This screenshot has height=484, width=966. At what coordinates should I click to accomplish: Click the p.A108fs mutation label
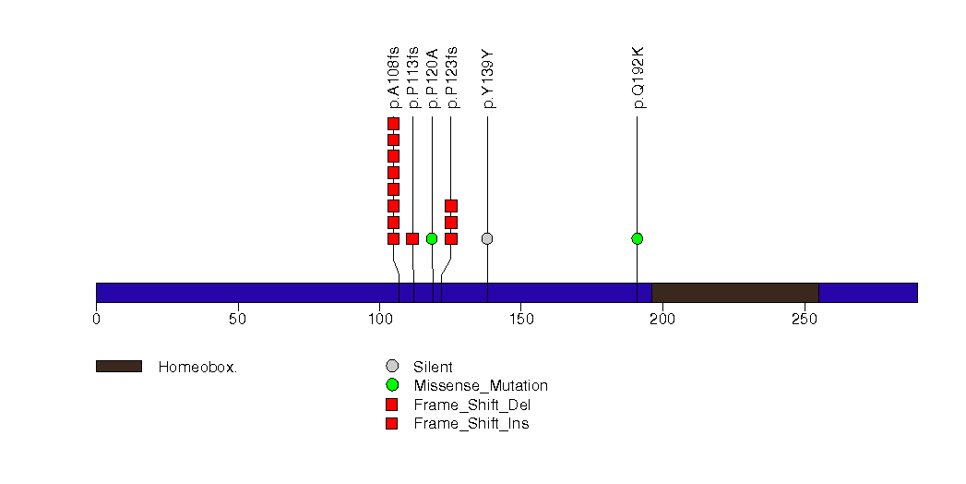click(394, 78)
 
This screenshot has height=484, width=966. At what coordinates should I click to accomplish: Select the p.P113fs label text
click(412, 78)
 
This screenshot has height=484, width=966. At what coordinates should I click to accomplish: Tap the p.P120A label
click(432, 79)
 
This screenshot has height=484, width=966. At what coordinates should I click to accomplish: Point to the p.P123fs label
click(451, 78)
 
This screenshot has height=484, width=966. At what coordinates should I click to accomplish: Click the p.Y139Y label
click(488, 79)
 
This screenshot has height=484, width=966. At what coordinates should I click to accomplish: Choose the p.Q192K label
click(638, 78)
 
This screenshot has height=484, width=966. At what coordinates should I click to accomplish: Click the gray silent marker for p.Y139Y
click(487, 238)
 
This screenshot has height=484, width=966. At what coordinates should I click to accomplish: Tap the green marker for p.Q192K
click(637, 238)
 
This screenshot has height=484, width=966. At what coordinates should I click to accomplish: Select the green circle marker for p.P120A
click(432, 238)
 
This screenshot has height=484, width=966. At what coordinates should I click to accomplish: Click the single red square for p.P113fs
click(412, 238)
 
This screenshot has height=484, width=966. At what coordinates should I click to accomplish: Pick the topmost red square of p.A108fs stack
click(394, 124)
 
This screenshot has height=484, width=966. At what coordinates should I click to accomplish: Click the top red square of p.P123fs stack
click(451, 206)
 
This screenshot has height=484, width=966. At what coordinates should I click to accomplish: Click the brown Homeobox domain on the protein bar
click(735, 293)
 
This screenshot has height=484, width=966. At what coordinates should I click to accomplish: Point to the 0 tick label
click(96, 320)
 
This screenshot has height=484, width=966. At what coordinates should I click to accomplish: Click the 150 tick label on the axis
click(521, 320)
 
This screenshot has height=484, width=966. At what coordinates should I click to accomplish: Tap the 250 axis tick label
click(805, 320)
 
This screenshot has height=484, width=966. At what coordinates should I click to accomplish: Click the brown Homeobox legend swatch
click(119, 367)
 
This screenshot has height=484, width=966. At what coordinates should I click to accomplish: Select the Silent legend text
click(433, 367)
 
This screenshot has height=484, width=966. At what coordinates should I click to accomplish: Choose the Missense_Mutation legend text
click(481, 386)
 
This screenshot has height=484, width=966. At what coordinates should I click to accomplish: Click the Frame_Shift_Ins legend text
click(471, 424)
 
